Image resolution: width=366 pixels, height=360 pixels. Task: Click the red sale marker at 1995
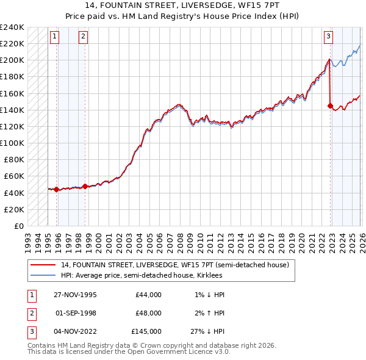[x=56, y=189]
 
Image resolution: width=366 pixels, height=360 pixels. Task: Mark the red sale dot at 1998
[x=85, y=186]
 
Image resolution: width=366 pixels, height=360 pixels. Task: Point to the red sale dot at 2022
[x=330, y=106]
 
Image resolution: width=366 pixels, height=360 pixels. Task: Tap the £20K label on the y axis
[x=14, y=209]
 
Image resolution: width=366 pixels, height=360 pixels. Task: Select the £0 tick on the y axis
[x=19, y=226]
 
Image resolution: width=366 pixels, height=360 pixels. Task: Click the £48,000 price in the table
[x=148, y=313]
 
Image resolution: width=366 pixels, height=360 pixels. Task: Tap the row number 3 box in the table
[x=30, y=331]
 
